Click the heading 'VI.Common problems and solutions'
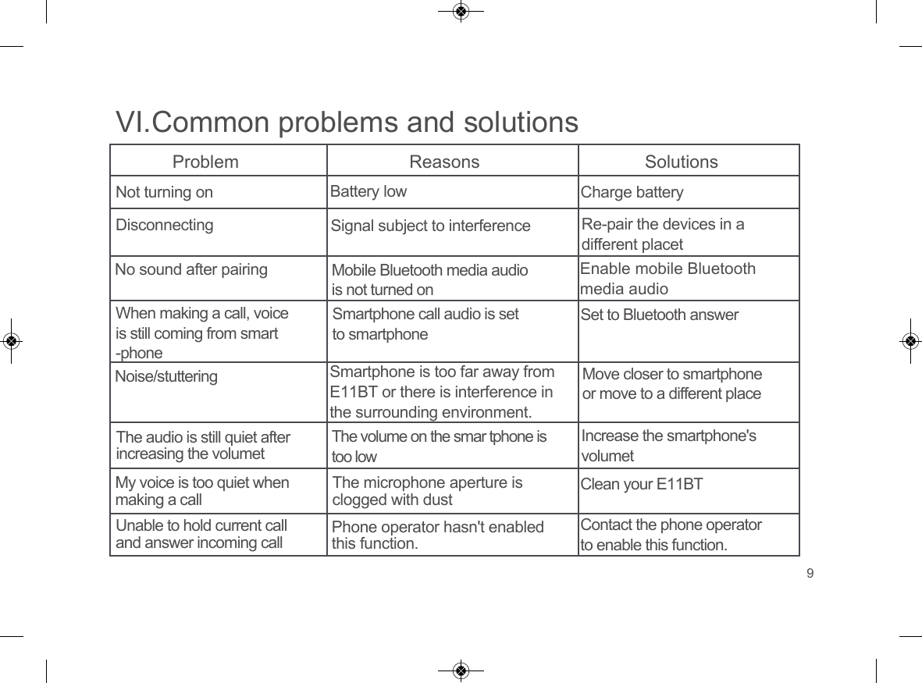347,123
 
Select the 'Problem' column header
205,162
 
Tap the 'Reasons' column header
445,162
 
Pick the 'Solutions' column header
681,162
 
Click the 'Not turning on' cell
164,192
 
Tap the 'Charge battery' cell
632,192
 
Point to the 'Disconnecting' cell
164,225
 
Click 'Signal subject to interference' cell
430,226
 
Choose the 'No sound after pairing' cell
191,270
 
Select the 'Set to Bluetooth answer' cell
660,315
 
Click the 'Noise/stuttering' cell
166,376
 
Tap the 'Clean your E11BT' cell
642,485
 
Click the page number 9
810,575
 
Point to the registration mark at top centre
461,12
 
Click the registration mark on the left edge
11,341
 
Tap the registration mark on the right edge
910,341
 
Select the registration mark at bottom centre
461,671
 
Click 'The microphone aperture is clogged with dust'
427,491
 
